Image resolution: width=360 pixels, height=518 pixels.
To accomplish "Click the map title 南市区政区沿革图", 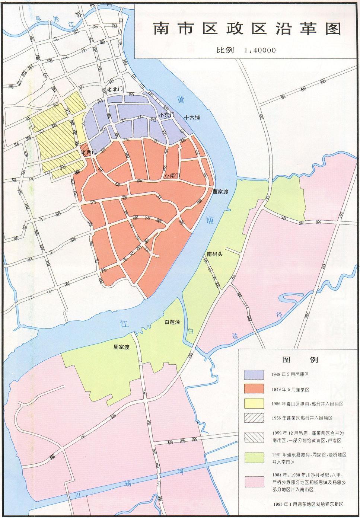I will (x=247, y=30).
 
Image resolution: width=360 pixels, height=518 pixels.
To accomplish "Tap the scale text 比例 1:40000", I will (x=246, y=50).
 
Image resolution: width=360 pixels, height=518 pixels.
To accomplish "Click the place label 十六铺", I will (x=192, y=117).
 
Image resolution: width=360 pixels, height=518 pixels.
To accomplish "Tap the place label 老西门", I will (x=89, y=152).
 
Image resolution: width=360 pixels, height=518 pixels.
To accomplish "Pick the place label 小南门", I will (x=171, y=174).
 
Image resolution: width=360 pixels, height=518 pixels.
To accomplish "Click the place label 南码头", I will (x=214, y=255).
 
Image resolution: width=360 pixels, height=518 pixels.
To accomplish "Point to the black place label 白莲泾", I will (x=172, y=322).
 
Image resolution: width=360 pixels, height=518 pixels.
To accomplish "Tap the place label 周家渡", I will (x=121, y=347).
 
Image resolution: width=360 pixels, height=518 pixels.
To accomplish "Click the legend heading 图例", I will (x=299, y=360).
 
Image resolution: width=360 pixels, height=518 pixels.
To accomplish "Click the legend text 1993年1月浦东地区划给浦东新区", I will (x=307, y=504).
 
